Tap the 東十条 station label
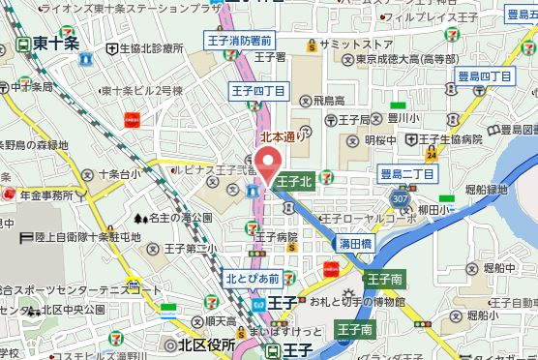pos(52,45)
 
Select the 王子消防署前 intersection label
pos(239,40)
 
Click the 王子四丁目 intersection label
pos(259,91)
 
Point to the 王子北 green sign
pos(294,181)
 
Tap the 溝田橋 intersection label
pos(354,246)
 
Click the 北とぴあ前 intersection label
pos(253,278)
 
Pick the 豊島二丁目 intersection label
pos(408,173)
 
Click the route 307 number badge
pos(400,197)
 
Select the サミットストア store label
pos(355,45)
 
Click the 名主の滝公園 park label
pos(179,218)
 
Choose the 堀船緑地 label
pos(486,190)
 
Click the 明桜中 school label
pos(381,140)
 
